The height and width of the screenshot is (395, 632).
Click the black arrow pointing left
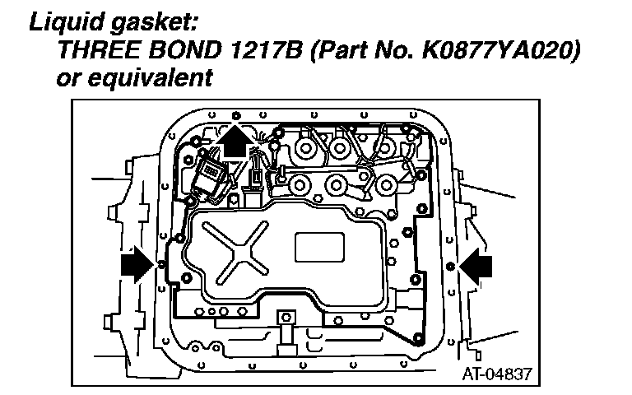point(476,265)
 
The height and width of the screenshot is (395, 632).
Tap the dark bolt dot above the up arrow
point(236,114)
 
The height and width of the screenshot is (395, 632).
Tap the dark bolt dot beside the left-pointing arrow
point(161,265)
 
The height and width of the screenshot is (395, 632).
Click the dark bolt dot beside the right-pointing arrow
point(449,266)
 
